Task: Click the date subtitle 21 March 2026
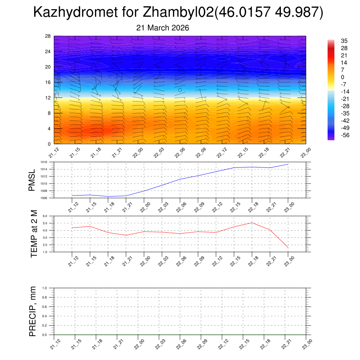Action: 162,28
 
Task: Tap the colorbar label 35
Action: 344,41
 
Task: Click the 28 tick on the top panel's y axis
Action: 48,36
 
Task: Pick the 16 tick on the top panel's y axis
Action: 48,82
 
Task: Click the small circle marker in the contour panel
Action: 180,90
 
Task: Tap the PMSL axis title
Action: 32,180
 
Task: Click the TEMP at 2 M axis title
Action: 34,234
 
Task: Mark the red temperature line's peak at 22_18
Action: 252,223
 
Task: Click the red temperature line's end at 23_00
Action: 288,248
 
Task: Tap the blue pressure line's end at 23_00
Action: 288,164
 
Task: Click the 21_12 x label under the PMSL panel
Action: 72,207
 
